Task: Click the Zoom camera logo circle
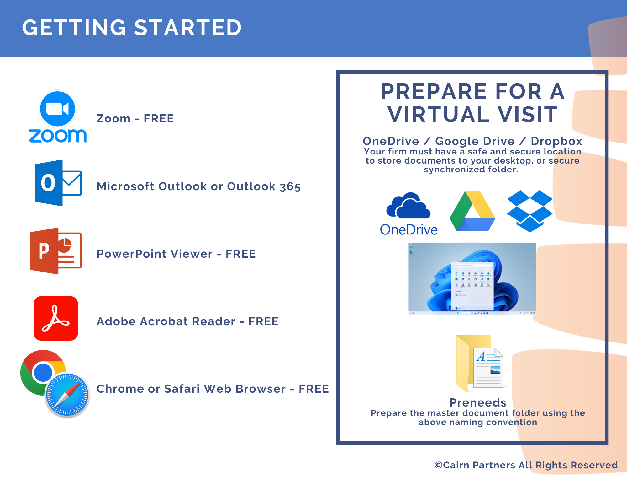(58, 109)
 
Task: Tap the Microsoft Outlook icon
(58, 183)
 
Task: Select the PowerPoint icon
(55, 251)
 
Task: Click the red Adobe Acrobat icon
(56, 318)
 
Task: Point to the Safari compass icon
(67, 395)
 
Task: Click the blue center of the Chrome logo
(43, 372)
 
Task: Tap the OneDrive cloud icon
(408, 206)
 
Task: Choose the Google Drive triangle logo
(472, 211)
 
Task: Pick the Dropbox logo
(530, 211)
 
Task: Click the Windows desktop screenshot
(472, 278)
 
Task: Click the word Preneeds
(478, 402)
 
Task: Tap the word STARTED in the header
(188, 28)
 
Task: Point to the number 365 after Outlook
(290, 187)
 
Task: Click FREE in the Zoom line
(159, 119)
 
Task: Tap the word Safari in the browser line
(182, 389)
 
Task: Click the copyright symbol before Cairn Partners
(438, 465)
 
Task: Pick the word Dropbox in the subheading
(556, 141)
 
